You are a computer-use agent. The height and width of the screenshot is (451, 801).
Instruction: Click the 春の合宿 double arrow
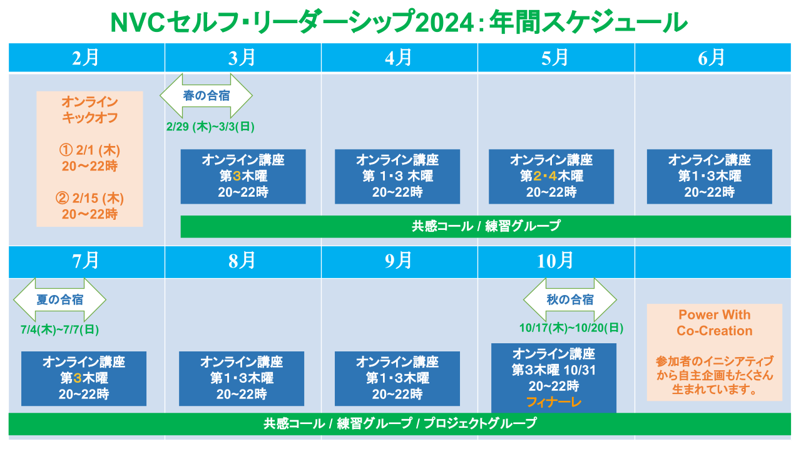click(x=207, y=96)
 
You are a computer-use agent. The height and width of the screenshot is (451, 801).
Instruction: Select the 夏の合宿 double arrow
click(x=59, y=299)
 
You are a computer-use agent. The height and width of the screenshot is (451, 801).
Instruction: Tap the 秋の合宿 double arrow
click(x=570, y=299)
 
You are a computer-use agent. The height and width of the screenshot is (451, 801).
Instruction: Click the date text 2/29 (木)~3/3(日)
click(x=210, y=127)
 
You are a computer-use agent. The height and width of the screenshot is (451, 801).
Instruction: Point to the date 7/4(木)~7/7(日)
click(x=59, y=329)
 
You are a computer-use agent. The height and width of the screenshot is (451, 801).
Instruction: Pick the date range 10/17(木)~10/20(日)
click(x=571, y=328)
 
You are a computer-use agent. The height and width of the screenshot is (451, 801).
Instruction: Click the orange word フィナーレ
click(x=554, y=402)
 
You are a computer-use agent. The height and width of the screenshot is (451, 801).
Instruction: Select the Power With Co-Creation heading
click(x=715, y=323)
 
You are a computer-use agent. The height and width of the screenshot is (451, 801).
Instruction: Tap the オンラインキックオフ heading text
click(x=89, y=110)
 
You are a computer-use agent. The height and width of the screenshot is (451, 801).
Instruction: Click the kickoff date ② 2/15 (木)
click(x=89, y=199)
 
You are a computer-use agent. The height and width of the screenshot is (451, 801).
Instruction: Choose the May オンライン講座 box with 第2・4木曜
click(x=551, y=177)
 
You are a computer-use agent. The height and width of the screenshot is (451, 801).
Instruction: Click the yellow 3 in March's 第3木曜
click(x=237, y=176)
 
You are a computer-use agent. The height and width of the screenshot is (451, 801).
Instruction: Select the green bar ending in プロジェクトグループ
click(x=400, y=424)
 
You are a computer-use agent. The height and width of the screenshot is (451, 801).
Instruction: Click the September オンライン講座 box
click(x=397, y=379)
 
